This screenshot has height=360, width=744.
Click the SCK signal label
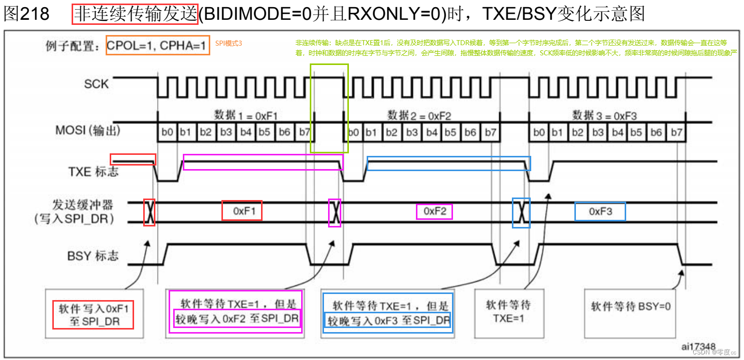[96, 84]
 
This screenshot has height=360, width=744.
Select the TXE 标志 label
[93, 172]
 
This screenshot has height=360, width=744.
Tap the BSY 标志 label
[93, 255]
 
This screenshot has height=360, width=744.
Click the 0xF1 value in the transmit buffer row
[242, 210]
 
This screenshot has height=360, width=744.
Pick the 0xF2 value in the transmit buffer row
[434, 211]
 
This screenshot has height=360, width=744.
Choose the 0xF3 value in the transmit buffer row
[600, 211]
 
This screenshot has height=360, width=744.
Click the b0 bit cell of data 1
[167, 133]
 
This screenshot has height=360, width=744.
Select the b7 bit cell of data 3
[676, 133]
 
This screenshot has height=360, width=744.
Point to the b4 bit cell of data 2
[432, 133]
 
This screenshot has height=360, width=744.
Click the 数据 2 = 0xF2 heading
[419, 115]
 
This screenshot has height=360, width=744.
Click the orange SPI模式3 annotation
[229, 44]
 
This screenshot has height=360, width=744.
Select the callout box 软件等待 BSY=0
[630, 307]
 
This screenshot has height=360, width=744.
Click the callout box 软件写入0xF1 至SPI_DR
[93, 315]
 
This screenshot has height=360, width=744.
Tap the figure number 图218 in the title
[26, 13]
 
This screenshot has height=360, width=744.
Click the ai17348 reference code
[698, 346]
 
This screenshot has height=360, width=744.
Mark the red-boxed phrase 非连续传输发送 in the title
[135, 13]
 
